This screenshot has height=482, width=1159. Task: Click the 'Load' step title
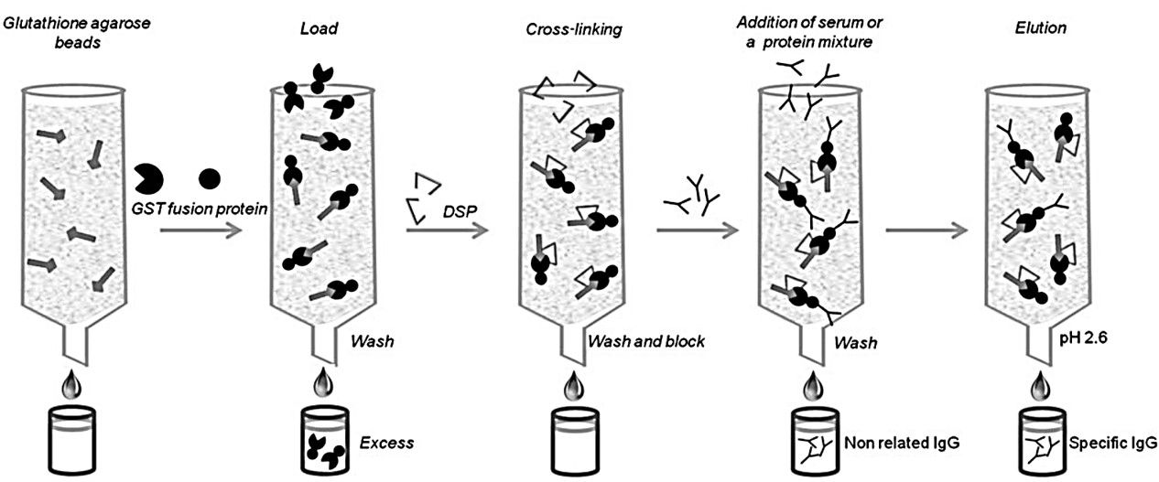320,29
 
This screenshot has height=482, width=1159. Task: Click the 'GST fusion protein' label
197,209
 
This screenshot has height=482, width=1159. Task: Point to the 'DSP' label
454,212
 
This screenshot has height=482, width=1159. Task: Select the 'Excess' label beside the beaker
386,443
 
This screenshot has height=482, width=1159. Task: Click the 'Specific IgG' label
1112,444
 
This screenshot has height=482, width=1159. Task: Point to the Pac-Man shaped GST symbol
149,177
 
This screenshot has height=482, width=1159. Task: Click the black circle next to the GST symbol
209,177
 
